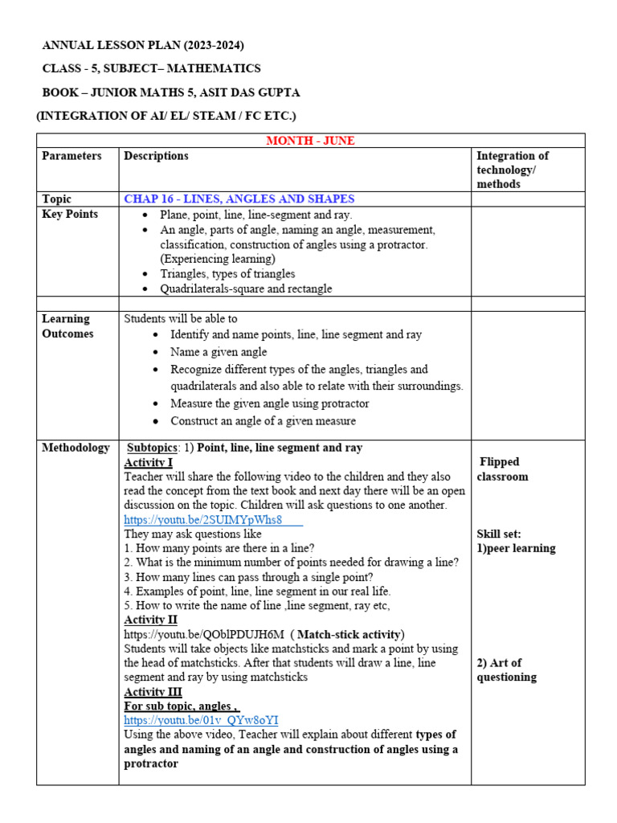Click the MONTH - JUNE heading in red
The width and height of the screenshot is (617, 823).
(x=310, y=141)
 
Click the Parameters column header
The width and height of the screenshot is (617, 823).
(x=72, y=156)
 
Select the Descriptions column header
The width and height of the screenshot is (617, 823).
(x=156, y=156)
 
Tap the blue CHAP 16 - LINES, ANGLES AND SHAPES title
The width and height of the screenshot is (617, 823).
(x=239, y=199)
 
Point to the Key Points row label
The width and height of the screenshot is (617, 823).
(x=70, y=214)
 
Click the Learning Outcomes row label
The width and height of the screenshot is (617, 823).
(x=67, y=326)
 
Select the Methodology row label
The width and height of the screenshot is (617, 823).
(x=76, y=448)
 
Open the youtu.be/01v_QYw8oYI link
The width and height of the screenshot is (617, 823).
(x=201, y=721)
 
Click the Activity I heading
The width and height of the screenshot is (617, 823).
(x=148, y=463)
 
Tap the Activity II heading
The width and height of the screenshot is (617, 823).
(x=150, y=620)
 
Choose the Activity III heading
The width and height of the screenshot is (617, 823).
(x=153, y=692)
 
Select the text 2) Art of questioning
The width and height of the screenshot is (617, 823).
(x=506, y=669)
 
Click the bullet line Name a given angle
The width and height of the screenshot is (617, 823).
(x=219, y=352)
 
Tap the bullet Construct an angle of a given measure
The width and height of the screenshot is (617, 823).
(x=263, y=421)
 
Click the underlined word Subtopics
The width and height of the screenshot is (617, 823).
(x=156, y=448)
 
